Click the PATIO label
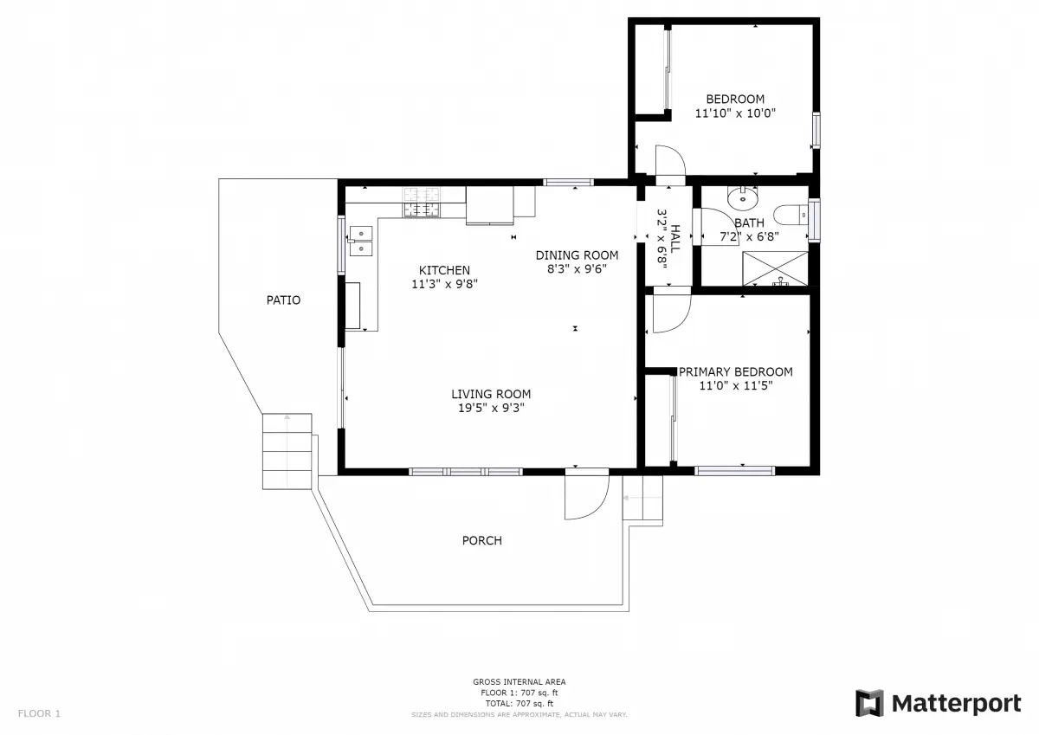tap(283, 300)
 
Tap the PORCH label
tap(482, 540)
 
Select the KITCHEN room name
tap(444, 270)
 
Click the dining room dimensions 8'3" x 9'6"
tap(577, 269)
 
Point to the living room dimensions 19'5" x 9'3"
tap(491, 408)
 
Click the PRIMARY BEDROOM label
tap(736, 371)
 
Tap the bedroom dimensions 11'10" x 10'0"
tap(735, 113)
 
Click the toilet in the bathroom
tap(791, 216)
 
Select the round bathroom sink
tap(743, 198)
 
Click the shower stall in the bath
tap(775, 268)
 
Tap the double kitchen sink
tap(360, 241)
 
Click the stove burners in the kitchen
tap(421, 203)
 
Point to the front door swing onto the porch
tap(586, 494)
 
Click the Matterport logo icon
tap(869, 703)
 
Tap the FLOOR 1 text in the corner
tap(40, 713)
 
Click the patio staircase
tap(287, 451)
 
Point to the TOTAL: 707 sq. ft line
tap(519, 704)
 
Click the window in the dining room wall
tap(568, 183)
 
